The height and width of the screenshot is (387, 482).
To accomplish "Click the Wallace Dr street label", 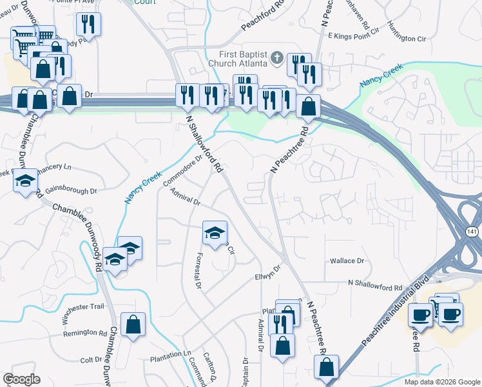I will click(x=347, y=261).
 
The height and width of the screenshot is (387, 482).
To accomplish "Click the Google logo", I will click(x=21, y=379).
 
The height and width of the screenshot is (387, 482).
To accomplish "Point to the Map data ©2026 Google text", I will click(x=441, y=382).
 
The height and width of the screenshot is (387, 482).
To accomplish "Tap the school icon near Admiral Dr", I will click(x=215, y=232).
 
